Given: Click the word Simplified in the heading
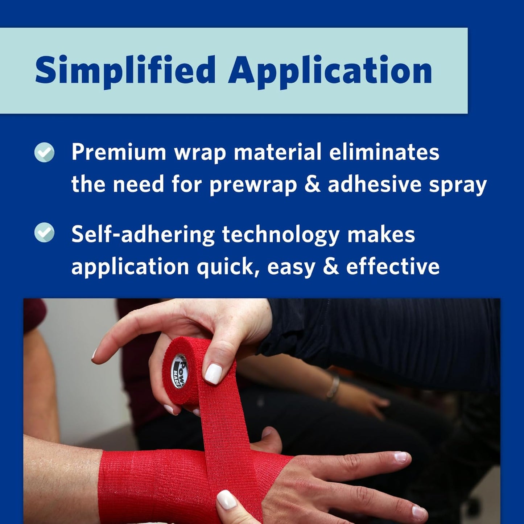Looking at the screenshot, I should pyautogui.click(x=125, y=70).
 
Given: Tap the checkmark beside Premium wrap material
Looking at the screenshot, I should pyautogui.click(x=45, y=152).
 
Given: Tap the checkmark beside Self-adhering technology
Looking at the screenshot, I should pyautogui.click(x=45, y=233).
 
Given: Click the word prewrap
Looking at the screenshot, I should pyautogui.click(x=253, y=185).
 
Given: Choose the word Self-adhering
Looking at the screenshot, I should pyautogui.click(x=143, y=235).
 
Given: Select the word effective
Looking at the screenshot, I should pyautogui.click(x=393, y=267).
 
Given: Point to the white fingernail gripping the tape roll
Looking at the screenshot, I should pyautogui.click(x=213, y=374).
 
